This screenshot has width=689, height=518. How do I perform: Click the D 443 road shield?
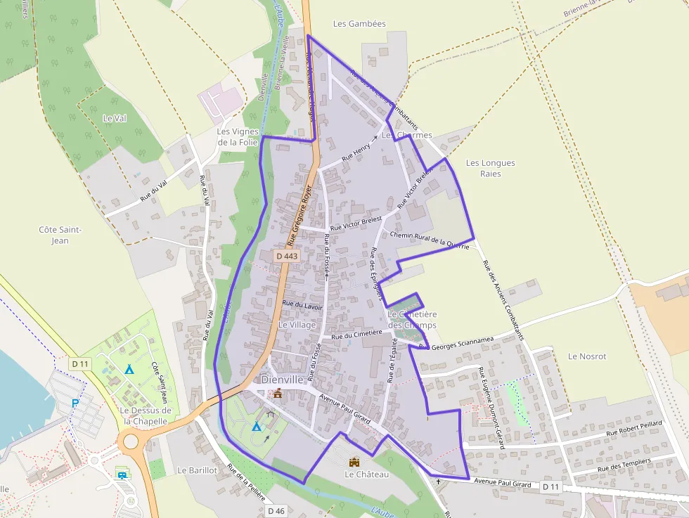pyautogui.click(x=288, y=257)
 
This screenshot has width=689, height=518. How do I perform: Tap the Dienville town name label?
pyautogui.click(x=281, y=380)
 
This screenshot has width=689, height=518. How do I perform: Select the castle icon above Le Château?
pyautogui.click(x=354, y=462)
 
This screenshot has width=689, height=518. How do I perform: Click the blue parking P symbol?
pyautogui.click(x=75, y=403)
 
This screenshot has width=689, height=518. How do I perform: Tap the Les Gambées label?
pyautogui.click(x=359, y=24)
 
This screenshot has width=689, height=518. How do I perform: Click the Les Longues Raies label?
pyautogui.click(x=490, y=168)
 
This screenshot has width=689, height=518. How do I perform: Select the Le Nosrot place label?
pyautogui.click(x=586, y=356)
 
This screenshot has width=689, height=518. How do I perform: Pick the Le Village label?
pyautogui.click(x=297, y=325)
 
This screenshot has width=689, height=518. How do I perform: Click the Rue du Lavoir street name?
pyautogui.click(x=302, y=304)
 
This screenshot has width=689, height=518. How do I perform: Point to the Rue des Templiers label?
pyautogui.click(x=624, y=465)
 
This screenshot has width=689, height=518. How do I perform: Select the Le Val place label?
pyautogui.click(x=114, y=118)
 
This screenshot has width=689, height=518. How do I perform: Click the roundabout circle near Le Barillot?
pyautogui.click(x=131, y=443)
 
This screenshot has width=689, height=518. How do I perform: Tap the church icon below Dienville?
pyautogui.click(x=278, y=394)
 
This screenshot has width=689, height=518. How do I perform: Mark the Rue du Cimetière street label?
pyautogui.click(x=356, y=335)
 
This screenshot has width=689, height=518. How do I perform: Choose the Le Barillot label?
pyautogui.click(x=197, y=470)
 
